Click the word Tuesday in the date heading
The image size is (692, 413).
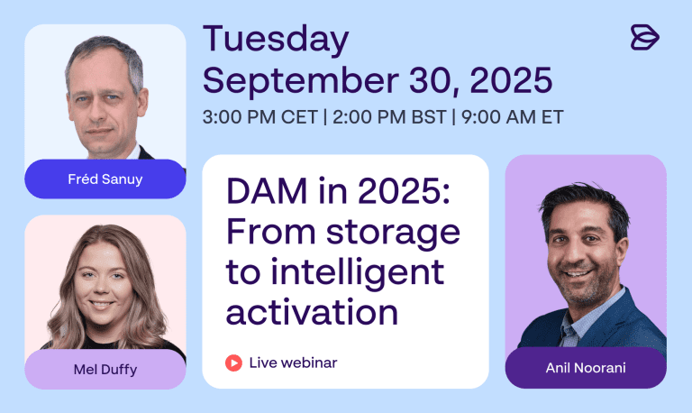pos(276,40)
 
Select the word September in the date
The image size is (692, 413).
pos(301,81)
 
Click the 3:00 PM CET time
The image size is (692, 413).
pos(259,117)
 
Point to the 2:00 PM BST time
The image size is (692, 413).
pos(389,117)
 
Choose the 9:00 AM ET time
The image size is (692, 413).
pos(513,117)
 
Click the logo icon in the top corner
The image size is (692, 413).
pos(645,37)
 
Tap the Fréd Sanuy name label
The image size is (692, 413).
pos(105,179)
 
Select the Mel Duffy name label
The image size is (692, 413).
pos(105,370)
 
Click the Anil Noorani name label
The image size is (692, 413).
pos(586,368)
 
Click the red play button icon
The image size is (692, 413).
pos(233,363)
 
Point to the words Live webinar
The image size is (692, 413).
pos(293,363)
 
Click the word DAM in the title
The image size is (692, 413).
pos(267,191)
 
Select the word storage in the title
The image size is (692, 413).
pos(393,234)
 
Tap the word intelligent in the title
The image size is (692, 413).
pos(357,273)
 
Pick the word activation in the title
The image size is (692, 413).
pos(312,312)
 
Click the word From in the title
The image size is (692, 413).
pos(271,232)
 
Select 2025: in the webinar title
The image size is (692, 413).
pos(404,191)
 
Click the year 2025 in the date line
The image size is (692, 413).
pos(511,79)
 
